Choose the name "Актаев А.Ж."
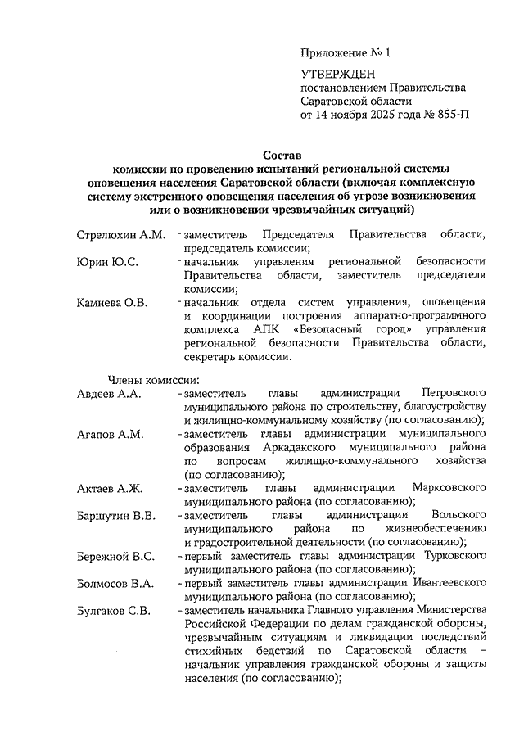109,488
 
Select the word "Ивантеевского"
447,584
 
